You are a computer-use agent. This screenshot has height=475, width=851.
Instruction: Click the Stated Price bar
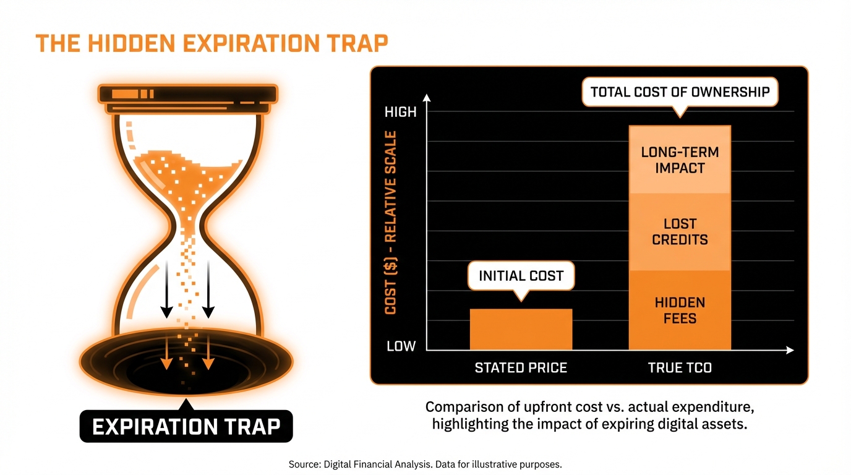(x=521, y=329)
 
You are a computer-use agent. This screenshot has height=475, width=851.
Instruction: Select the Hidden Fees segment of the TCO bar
(x=680, y=310)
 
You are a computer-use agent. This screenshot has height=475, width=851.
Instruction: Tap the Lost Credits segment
(x=680, y=232)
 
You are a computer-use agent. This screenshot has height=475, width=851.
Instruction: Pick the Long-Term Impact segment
(x=680, y=160)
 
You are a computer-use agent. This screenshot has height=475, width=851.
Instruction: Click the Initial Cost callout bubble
(x=521, y=276)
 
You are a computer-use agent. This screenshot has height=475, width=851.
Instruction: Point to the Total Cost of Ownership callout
(x=680, y=93)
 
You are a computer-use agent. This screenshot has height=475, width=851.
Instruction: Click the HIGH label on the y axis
(x=401, y=112)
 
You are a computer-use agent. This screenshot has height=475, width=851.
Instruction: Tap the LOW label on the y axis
(x=401, y=346)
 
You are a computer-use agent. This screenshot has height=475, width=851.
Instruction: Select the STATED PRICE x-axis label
(x=521, y=368)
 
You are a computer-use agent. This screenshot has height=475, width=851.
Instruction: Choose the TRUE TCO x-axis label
(x=680, y=368)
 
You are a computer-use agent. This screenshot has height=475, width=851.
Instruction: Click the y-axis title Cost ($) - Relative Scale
(x=390, y=223)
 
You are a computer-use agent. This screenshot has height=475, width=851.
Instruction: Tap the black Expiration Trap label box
(x=186, y=426)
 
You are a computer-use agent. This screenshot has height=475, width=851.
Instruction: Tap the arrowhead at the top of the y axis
(x=426, y=98)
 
